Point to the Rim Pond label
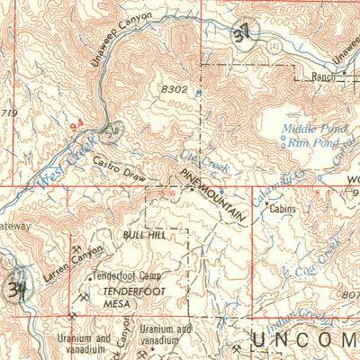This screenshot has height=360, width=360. pos(314,141)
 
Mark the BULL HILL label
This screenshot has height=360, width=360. pos(144,233)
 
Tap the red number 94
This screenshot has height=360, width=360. pos(77,129)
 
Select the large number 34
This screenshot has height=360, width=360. pos(14,290)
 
